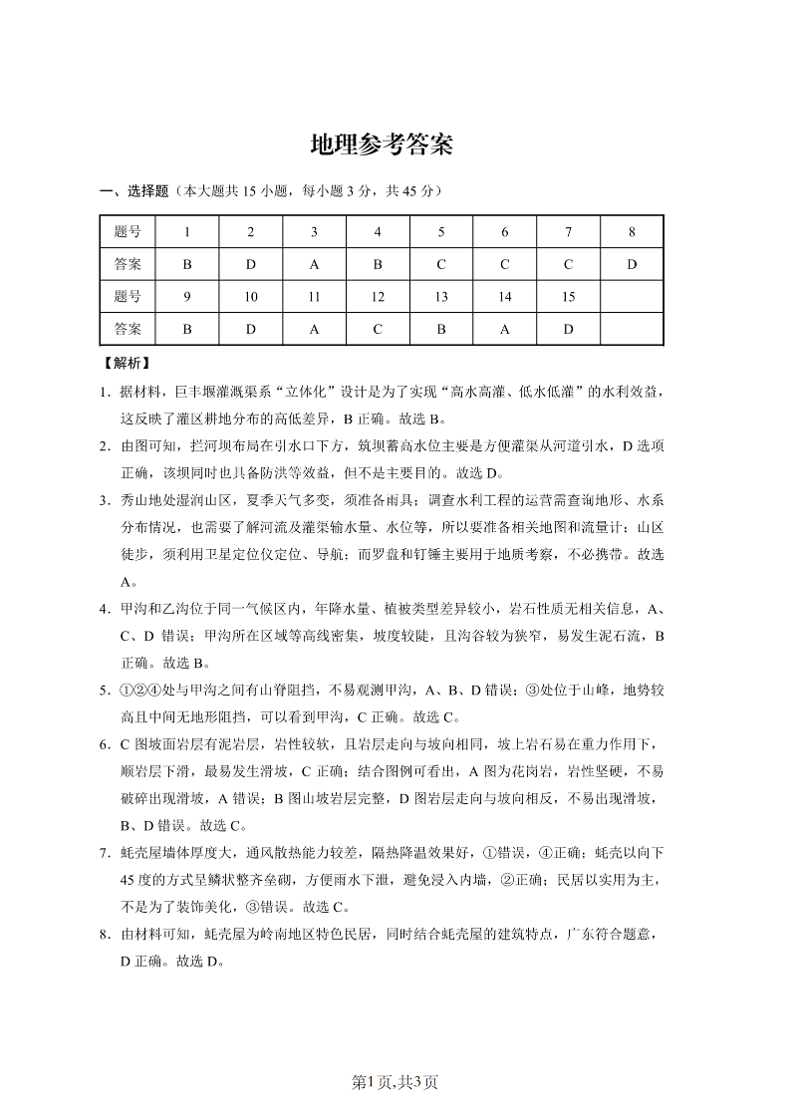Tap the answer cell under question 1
coord(187,264)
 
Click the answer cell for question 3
coord(314,264)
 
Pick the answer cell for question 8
coord(632,264)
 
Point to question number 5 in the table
coord(441,232)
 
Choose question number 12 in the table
coord(378,297)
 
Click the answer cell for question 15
coord(568,329)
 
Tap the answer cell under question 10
coord(251,329)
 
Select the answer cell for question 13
coord(441,329)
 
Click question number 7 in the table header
coord(568,232)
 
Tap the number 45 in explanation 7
coord(131,881)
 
